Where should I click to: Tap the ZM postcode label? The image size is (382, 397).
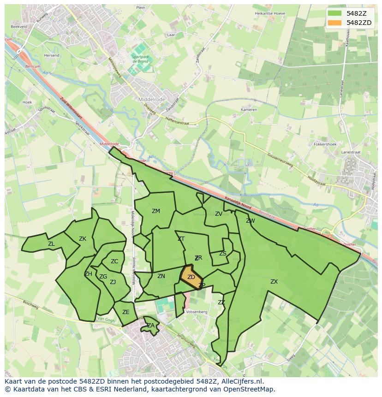(x=156, y=211)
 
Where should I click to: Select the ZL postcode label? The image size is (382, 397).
(x=51, y=244)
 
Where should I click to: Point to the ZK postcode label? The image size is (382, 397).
(x=83, y=239)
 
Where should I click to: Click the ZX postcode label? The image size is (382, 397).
(x=274, y=282)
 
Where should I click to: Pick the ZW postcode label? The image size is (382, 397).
(x=251, y=221)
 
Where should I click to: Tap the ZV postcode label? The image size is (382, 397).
(x=219, y=214)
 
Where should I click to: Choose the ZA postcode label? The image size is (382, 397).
(x=151, y=326)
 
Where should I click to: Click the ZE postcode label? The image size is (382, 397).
(x=126, y=312)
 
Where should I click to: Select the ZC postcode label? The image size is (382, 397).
(x=114, y=261)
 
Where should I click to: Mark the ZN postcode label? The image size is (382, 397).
(x=161, y=276)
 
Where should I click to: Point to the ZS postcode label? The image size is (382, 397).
(x=223, y=254)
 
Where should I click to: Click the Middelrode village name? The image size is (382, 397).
(x=152, y=99)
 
